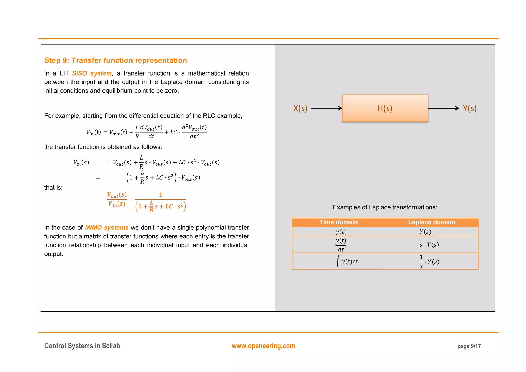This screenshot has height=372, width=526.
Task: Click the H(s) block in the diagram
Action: tap(385, 108)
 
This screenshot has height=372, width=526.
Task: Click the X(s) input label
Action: tap(300, 108)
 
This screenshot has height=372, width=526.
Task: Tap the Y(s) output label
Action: tap(469, 108)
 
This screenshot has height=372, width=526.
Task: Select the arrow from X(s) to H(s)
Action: tap(326, 108)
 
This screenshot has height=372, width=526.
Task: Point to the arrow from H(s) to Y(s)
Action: tap(443, 108)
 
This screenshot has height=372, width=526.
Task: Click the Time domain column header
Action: tap(338, 222)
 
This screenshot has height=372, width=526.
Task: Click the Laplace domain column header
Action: tap(431, 222)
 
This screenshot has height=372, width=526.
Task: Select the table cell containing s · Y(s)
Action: tap(429, 245)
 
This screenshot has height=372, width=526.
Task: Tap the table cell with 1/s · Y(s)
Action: tap(429, 262)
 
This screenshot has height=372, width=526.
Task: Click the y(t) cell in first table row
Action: tap(341, 232)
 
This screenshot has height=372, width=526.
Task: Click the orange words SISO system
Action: tap(92, 73)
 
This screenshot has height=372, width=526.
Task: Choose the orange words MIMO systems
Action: tap(107, 228)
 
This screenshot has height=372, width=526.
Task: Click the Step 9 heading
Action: tap(116, 60)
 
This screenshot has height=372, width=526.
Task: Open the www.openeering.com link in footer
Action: tap(263, 346)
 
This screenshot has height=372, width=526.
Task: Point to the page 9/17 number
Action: tap(469, 346)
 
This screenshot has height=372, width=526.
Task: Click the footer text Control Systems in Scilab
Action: tap(82, 346)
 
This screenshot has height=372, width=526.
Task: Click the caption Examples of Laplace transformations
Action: tap(385, 207)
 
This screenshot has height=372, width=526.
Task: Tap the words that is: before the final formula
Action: tap(53, 188)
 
